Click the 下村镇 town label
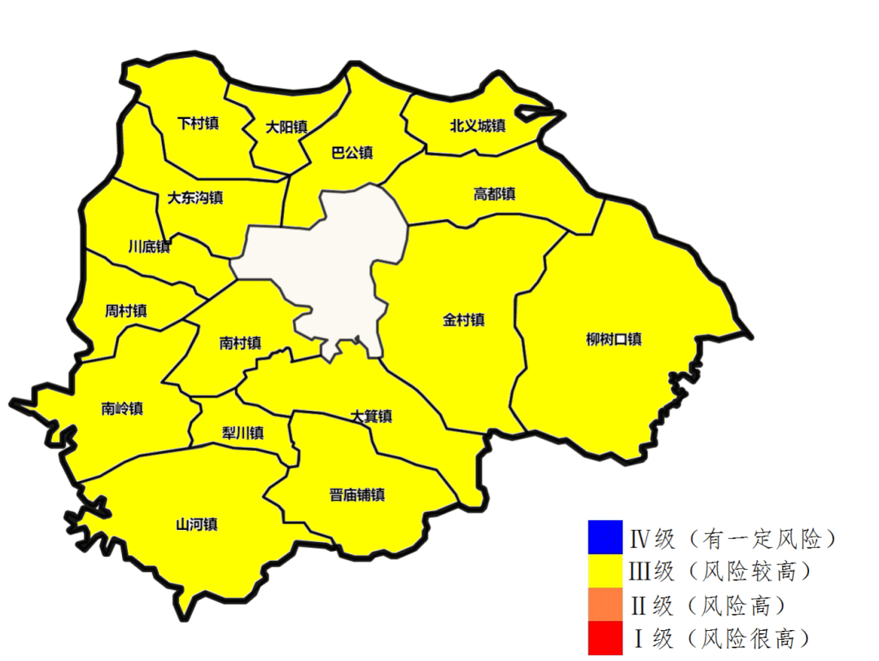pos(198,124)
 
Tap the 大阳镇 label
pos(286,127)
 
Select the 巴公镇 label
pos(352,152)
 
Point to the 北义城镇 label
pos(478,125)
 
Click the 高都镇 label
pos(494,195)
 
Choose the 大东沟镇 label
pos(195,198)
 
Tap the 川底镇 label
pos(149,246)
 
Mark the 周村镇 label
pos(126,310)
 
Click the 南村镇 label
pos(240,343)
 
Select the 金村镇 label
pos(464,320)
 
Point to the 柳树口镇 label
pos(614,339)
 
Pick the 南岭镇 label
pos(122,409)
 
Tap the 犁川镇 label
pos(243,432)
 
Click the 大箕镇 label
pos(371,417)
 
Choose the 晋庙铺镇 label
pos(357,494)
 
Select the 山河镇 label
pos(196,523)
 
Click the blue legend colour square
pos(605,536)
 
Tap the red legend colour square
pos(605,637)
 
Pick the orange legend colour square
pos(605,604)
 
